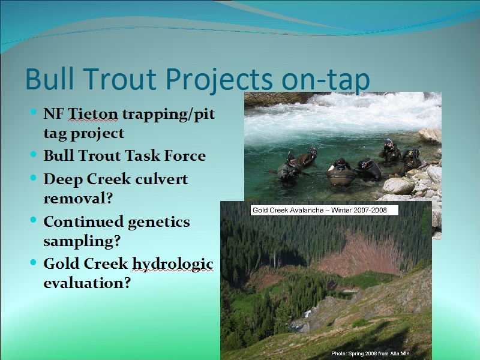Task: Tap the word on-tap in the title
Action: point(326,80)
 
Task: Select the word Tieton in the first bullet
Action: point(92,114)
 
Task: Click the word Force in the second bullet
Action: point(185,155)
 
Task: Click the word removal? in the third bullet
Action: point(78,199)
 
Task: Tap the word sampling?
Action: point(82,242)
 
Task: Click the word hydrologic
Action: point(173,265)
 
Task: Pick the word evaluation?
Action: point(87,283)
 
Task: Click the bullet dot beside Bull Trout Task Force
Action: point(34,154)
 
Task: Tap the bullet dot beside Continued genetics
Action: point(34,220)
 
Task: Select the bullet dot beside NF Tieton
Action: point(34,112)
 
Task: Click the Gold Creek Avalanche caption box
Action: point(325,211)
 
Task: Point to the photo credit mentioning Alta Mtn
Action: point(370,353)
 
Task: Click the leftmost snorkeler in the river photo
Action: point(289,172)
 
